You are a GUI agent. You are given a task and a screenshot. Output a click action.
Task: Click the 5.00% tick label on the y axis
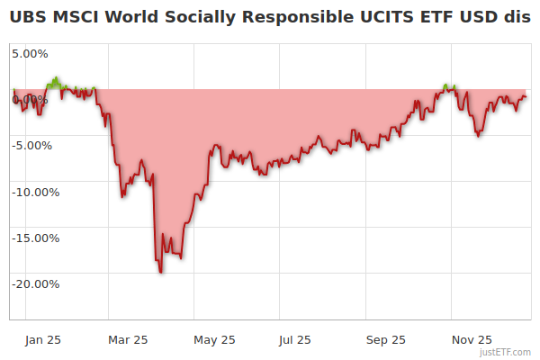point(30,53)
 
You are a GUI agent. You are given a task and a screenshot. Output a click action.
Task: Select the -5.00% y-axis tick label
point(32,145)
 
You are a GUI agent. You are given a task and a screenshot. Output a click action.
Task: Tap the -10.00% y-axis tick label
point(35,192)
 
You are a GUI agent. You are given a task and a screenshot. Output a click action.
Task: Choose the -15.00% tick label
point(35,238)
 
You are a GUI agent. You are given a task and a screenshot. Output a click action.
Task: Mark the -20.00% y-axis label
point(35,284)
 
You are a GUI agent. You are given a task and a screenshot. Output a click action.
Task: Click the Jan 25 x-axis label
point(43,340)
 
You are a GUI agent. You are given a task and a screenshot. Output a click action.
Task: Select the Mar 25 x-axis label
point(128,340)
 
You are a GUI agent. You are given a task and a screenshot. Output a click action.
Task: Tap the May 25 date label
point(214,340)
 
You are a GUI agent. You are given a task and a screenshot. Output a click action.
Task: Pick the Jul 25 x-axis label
point(295,340)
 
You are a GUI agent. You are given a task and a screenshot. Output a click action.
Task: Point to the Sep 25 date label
point(386,340)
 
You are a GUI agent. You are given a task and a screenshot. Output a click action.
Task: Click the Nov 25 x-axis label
point(472,340)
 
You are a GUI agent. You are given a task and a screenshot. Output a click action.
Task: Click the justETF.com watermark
point(508,353)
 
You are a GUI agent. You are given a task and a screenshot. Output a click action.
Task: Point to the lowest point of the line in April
point(160,272)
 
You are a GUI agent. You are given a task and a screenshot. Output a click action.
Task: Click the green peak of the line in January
point(56,79)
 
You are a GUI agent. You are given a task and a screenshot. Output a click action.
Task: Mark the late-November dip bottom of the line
point(478,136)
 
